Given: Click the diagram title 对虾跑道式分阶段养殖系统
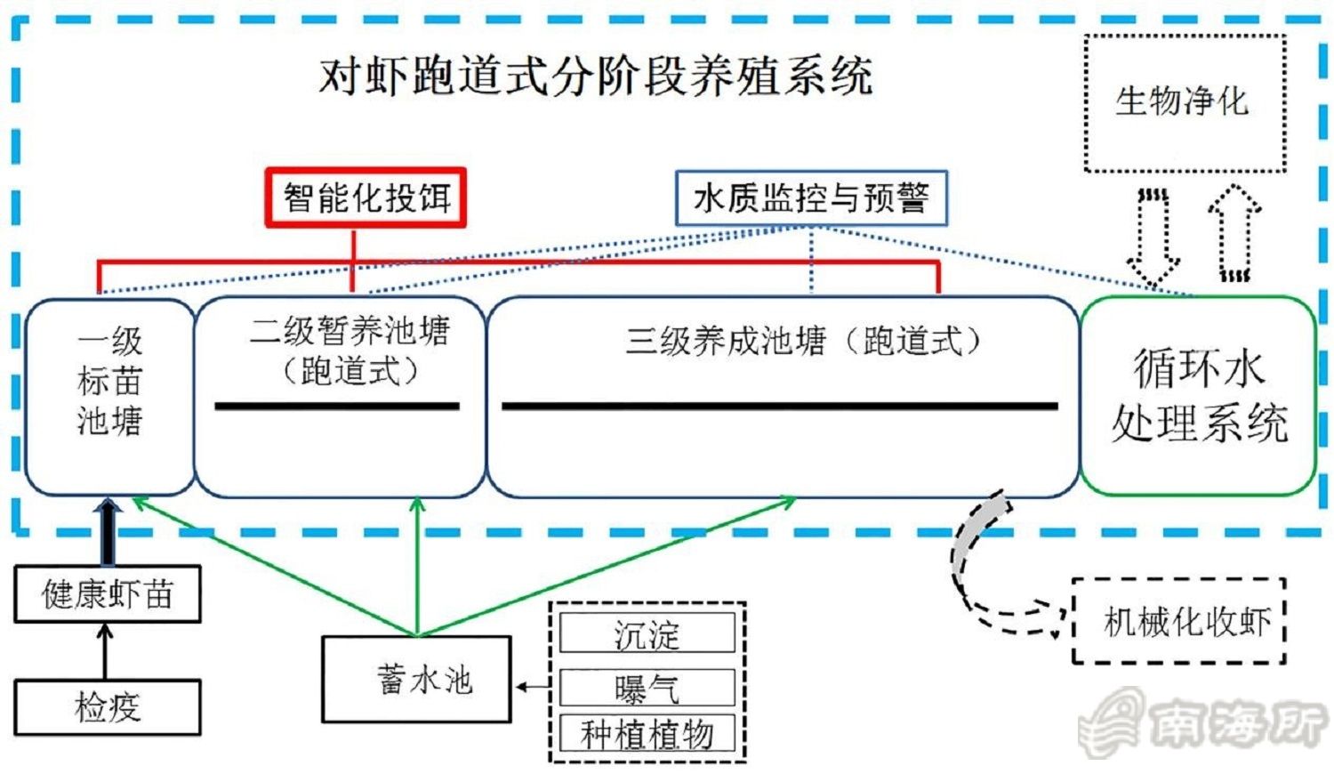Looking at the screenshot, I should (x=596, y=76).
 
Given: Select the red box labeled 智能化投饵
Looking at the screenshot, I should (x=366, y=198).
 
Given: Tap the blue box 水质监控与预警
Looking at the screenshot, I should (x=811, y=198).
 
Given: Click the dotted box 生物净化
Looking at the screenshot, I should (x=1185, y=102).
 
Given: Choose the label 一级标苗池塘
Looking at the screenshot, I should (x=109, y=381).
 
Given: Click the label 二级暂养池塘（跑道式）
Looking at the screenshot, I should (x=350, y=350).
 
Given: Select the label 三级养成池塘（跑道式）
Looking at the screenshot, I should (x=803, y=340).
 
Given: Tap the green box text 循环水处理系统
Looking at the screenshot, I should (x=1199, y=395).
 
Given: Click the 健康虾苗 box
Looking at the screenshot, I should (x=108, y=594).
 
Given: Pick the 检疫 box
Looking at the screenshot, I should (x=108, y=708).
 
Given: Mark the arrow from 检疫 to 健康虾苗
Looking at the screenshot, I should (x=106, y=651).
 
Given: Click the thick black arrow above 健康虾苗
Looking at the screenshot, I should (x=108, y=532).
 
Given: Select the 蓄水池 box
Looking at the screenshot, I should (x=416, y=680).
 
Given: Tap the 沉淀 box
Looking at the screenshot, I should (x=647, y=633).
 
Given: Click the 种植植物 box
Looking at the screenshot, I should (x=647, y=735).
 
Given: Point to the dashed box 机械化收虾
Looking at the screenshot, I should (x=1179, y=621).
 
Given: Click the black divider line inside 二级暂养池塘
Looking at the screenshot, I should (x=337, y=407).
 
